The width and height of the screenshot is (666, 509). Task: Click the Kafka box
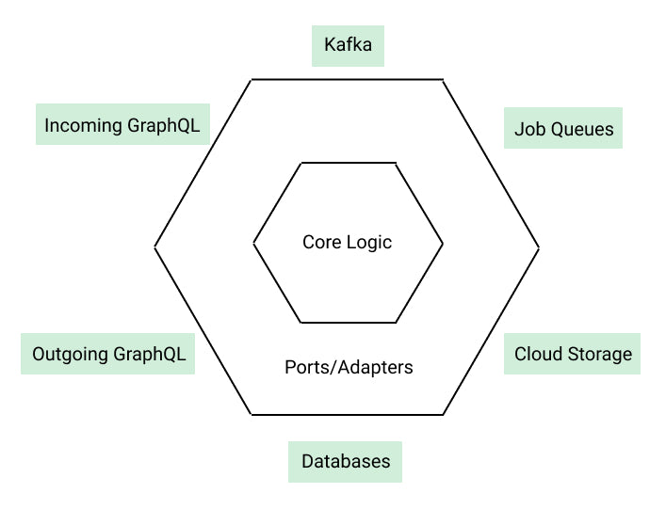(x=349, y=45)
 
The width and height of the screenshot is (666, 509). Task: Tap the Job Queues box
(x=563, y=129)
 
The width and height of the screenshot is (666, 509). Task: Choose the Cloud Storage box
(x=572, y=354)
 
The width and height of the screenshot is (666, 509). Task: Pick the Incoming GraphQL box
(x=122, y=125)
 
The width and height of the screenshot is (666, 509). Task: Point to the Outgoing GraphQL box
(x=108, y=354)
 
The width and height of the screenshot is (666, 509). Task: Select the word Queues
(x=581, y=129)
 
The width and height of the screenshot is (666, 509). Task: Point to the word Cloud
(x=537, y=354)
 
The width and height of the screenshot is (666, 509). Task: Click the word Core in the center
(x=319, y=242)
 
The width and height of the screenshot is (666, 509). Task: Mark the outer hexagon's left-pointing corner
(x=155, y=247)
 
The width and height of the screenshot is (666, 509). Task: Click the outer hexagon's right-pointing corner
(x=539, y=247)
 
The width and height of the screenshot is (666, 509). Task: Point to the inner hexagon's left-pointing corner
(x=254, y=243)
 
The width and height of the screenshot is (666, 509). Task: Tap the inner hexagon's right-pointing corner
(x=443, y=243)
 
